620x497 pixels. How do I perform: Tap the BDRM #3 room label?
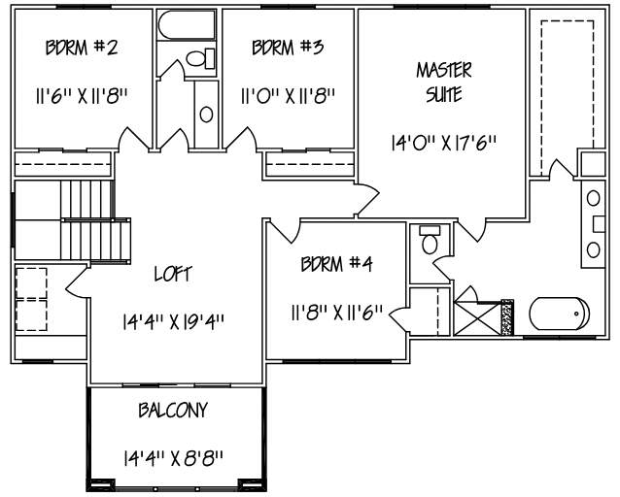pos(287,48)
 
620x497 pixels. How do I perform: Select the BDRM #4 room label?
pos(336,263)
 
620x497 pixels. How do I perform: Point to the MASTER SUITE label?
pos(444,82)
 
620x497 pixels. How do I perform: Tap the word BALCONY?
pos(172,411)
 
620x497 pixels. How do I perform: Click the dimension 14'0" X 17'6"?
pos(443,142)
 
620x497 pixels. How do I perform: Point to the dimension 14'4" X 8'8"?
pos(173,456)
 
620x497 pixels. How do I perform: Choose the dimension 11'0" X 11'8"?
pos(288,96)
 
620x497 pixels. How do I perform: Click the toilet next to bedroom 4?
pos(428,239)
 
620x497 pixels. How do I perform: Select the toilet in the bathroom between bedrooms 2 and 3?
pos(199,59)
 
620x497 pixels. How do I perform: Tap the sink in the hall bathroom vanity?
pos(206,114)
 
